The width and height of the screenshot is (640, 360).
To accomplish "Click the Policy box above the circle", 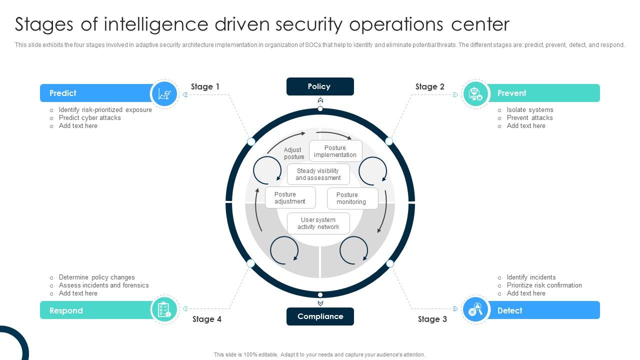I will pos(320,86).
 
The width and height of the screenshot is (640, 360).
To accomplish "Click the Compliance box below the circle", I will pos(320,316).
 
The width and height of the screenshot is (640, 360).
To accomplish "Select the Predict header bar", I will pos(95,93).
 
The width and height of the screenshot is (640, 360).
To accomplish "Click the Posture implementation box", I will pos(335,151).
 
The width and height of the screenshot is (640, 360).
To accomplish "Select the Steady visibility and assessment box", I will pos(318,174).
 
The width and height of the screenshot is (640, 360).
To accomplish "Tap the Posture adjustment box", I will pos(290,197).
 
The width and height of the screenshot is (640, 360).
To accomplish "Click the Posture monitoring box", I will pos(352,198).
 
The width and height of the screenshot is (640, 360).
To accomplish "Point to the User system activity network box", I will pos(318,223).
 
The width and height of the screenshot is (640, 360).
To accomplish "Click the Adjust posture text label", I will pos(293,153).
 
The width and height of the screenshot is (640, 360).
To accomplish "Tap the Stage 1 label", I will pos(205,86).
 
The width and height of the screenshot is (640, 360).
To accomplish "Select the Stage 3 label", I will pos(432,319).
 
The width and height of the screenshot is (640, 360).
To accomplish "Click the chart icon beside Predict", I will pos(165,93).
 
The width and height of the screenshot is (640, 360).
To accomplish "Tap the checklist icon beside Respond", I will pos(164,310).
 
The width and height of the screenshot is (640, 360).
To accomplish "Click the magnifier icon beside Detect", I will pos(475,310).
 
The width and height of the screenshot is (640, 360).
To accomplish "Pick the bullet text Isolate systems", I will pos(529,110).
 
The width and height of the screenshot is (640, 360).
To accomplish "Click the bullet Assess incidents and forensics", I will pos(103,285).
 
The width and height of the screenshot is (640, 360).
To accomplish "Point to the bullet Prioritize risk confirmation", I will pos(544,285).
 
